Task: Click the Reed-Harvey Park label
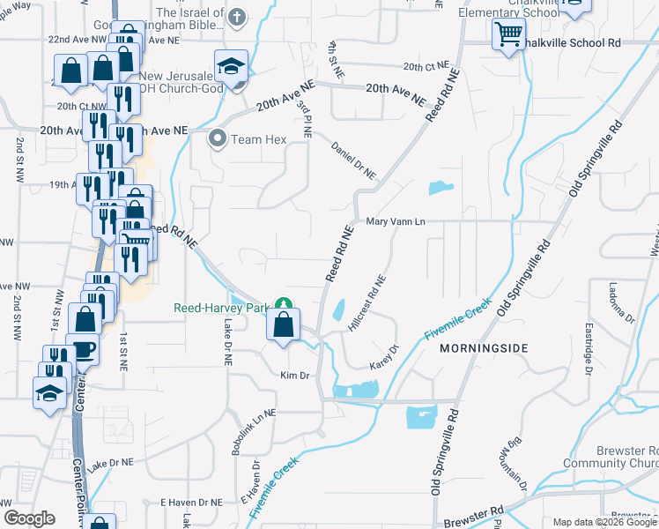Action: pyautogui.click(x=221, y=308)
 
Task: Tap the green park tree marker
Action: pyautogui.click(x=284, y=305)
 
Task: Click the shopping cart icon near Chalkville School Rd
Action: pyautogui.click(x=508, y=36)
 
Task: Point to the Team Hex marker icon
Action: pyautogui.click(x=218, y=138)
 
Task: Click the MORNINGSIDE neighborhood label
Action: pyautogui.click(x=484, y=349)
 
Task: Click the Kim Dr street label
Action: pyautogui.click(x=294, y=376)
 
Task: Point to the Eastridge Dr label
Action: pyautogui.click(x=588, y=349)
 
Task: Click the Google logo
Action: pyautogui.click(x=29, y=518)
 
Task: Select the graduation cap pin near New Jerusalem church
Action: pyautogui.click(x=231, y=67)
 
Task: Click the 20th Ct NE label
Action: pyautogui.click(x=426, y=66)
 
